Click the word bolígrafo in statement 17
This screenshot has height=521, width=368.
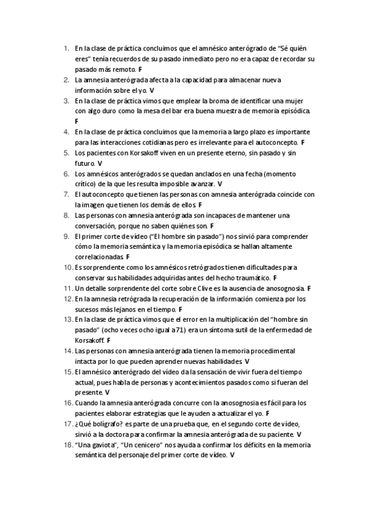point(103,424)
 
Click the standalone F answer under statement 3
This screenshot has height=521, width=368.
point(76,121)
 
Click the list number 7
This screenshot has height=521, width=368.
point(67,194)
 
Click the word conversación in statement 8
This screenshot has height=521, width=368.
point(98,226)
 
